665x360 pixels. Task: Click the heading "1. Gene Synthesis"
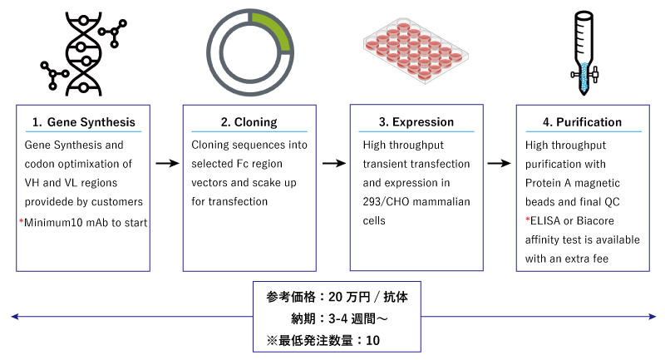83,121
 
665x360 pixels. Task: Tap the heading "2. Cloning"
249,121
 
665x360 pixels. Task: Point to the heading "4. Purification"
582,121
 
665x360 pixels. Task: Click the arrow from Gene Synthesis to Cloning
166,164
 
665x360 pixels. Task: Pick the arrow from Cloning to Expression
333,164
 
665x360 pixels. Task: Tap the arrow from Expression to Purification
499,164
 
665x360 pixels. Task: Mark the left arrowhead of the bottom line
12,316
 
